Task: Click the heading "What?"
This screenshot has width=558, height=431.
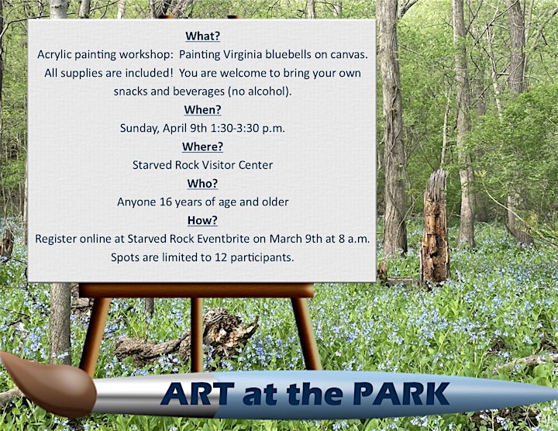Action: tap(202, 36)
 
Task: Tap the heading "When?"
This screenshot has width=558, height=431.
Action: tap(202, 109)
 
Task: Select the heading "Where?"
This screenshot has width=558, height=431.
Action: tap(202, 147)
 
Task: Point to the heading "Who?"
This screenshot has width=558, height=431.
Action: tap(202, 183)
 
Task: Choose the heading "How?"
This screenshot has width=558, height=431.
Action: tap(202, 220)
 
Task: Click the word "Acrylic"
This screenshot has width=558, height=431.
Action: tap(53, 55)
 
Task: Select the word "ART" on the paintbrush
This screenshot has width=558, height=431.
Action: tap(197, 394)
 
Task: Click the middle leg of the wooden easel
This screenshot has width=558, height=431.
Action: tap(196, 335)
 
